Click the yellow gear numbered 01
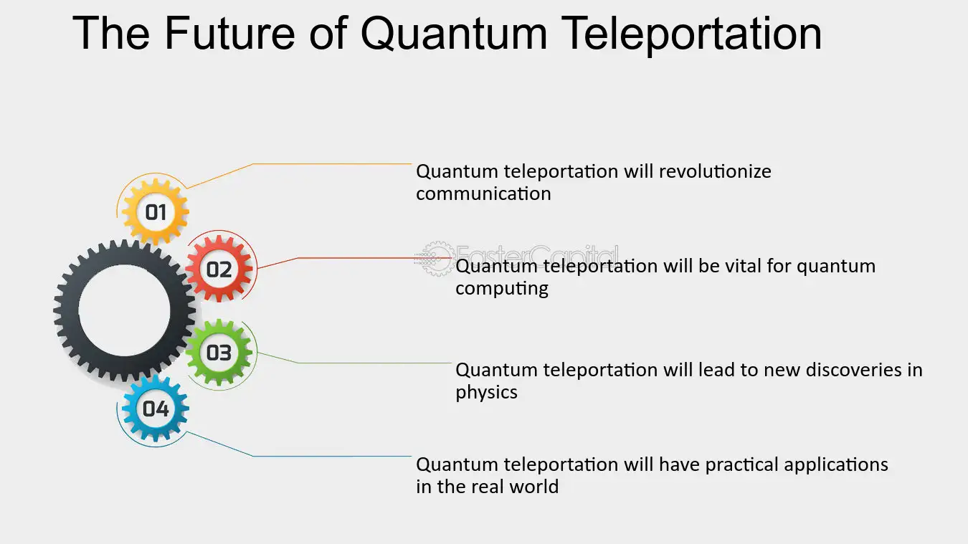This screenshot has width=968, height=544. tap(155, 211)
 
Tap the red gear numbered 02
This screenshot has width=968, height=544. tap(219, 269)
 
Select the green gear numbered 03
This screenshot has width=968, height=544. tap(219, 352)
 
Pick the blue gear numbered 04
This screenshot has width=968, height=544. tap(155, 409)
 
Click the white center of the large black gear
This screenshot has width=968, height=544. tap(125, 310)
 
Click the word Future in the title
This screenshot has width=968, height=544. tap(229, 33)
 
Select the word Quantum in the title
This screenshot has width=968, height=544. tap(454, 34)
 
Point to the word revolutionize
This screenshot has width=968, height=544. tap(715, 171)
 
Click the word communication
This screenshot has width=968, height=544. tap(483, 194)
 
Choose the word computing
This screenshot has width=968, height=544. tap(502, 289)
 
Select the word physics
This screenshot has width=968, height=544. tap(487, 393)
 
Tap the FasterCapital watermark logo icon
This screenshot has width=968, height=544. tap(436, 259)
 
